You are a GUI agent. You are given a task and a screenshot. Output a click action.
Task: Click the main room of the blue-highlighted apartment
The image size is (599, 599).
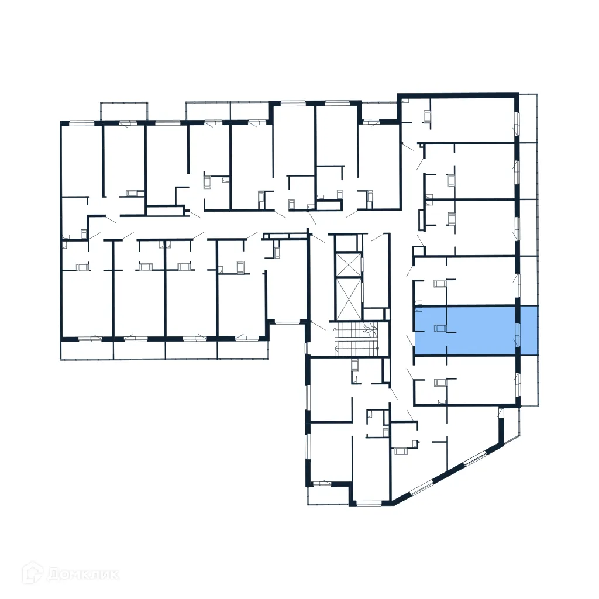tap(480, 330)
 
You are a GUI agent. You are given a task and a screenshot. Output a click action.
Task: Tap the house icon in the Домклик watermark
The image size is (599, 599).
tap(33, 573)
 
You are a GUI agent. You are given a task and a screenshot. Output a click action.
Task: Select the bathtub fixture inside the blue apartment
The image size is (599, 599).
tap(440, 329)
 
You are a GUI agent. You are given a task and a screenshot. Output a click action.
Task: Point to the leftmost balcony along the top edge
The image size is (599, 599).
tap(124, 111)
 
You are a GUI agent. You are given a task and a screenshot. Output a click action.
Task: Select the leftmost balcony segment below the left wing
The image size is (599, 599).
tap(87, 350)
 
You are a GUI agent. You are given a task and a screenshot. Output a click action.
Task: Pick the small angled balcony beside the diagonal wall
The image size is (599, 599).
tap(510, 424)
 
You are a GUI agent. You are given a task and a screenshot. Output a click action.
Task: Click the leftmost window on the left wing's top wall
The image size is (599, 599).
tap(82, 123)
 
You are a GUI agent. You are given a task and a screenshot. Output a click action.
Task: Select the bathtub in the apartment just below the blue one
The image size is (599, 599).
tap(440, 383)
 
